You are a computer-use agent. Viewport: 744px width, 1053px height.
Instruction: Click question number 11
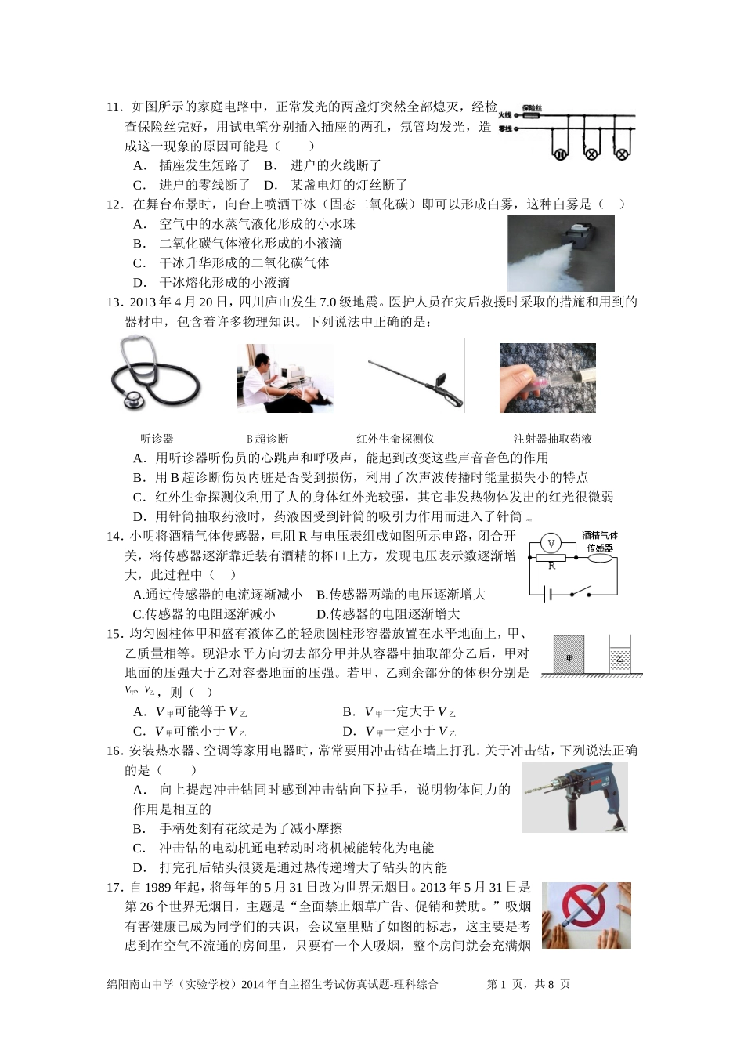pos(114,107)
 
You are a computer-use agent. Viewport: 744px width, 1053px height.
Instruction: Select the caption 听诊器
pos(157,439)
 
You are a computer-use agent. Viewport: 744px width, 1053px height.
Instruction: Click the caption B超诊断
pos(267,439)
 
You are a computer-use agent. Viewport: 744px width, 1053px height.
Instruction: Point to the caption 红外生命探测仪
pos(395,439)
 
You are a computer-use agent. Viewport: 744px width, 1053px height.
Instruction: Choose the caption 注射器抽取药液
pos(552,439)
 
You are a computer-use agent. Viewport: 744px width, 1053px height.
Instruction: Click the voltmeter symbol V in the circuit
pos(551,543)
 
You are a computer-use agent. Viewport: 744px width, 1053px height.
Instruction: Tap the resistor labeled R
pos(551,559)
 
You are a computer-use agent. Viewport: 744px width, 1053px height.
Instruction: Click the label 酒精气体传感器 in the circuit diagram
pos(600,541)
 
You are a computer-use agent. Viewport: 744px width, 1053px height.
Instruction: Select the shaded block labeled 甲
pos(569,655)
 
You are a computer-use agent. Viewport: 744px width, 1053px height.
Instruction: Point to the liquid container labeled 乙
pos(620,658)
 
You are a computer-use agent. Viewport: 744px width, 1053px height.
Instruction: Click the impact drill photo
pos(575,797)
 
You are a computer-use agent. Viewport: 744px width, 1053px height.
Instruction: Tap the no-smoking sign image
pos(586,915)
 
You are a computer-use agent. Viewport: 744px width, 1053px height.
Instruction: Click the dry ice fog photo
pos(561,253)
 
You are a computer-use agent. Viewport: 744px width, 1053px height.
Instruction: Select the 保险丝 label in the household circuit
pos(533,109)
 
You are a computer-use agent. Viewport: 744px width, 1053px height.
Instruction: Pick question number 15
pos(114,634)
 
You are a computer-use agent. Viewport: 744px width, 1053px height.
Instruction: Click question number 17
pos(114,887)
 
